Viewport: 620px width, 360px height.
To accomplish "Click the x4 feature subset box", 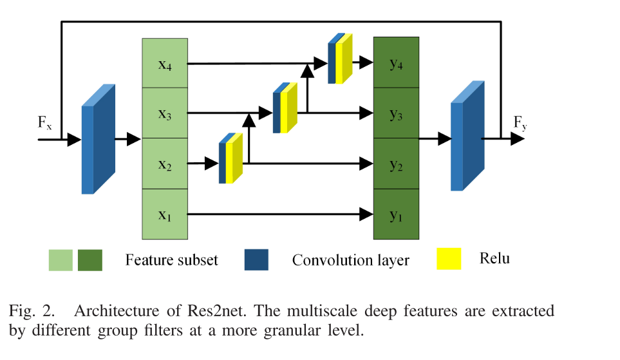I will tap(165, 63).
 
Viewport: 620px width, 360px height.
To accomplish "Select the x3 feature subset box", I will tap(165, 113).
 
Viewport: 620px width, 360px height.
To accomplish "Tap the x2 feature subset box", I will tap(165, 164).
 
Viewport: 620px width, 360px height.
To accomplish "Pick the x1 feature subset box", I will tap(165, 214).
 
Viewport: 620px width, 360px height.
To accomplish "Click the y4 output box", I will tap(396, 63).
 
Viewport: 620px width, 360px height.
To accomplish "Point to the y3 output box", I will tap(396, 113).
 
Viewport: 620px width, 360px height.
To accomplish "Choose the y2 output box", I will tap(396, 164).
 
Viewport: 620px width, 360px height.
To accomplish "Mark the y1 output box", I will tap(396, 214).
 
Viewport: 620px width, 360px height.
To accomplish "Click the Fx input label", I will tap(44, 122).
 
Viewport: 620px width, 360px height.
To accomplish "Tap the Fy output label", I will tap(520, 122).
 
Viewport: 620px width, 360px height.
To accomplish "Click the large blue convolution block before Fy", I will tap(467, 137).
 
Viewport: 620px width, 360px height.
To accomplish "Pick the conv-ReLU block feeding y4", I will tap(340, 59).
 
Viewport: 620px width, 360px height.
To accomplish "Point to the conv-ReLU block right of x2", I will tap(230, 158).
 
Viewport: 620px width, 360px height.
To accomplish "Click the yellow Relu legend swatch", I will tap(449, 259).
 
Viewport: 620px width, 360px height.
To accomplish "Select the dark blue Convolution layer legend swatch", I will tap(256, 260).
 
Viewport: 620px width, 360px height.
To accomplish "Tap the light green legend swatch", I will tap(61, 260).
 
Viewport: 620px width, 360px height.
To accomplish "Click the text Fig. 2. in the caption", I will tap(32, 312).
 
